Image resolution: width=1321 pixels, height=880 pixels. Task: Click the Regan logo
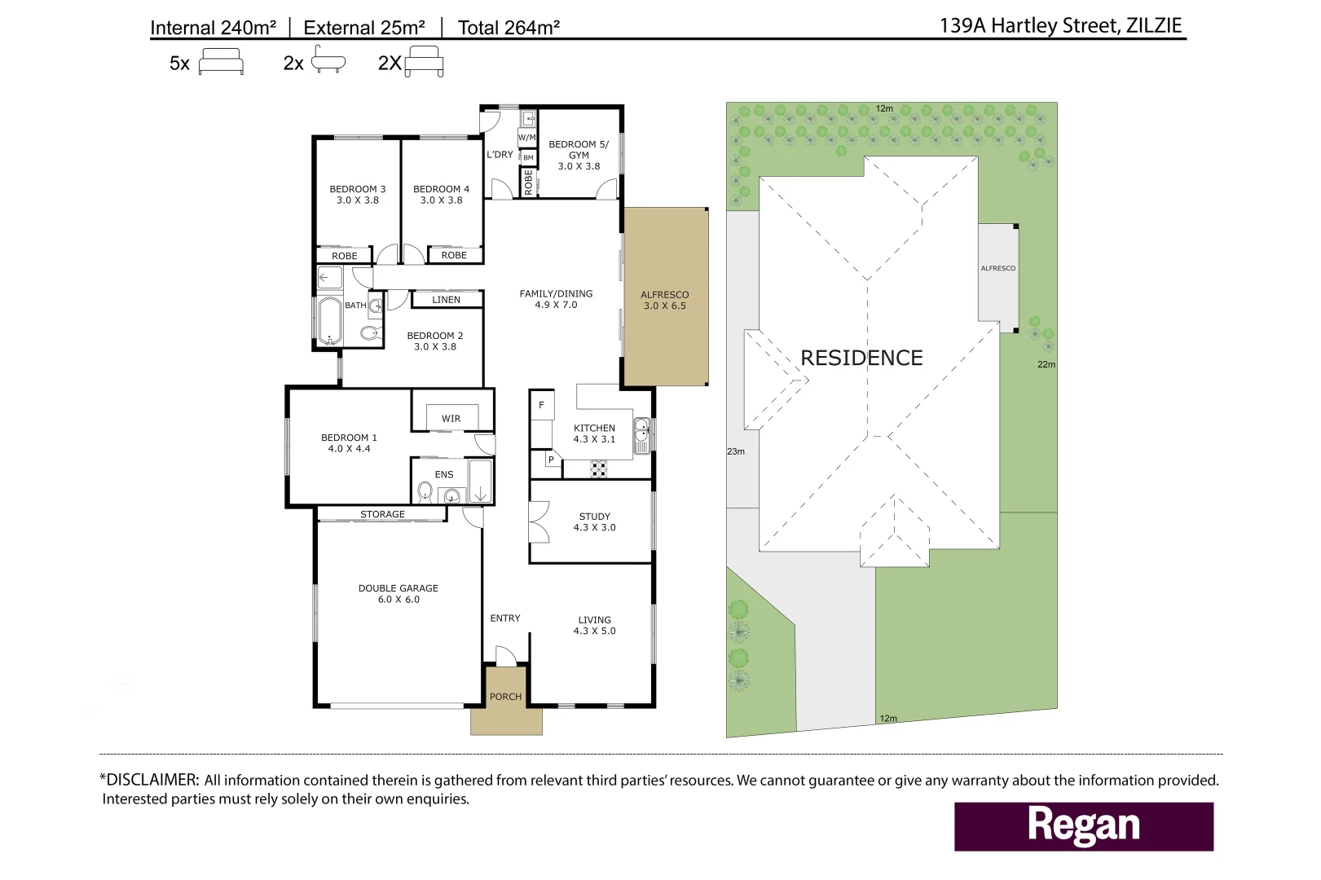click(1084, 825)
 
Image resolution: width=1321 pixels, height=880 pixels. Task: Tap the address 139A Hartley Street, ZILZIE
click(1060, 26)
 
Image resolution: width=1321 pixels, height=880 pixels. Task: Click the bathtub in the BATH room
click(330, 322)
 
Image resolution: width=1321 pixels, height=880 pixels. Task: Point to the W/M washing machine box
click(526, 138)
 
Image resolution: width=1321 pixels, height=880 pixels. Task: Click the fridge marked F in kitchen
click(541, 405)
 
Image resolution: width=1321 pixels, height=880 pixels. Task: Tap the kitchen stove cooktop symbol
click(599, 469)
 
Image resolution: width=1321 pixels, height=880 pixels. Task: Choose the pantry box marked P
click(552, 460)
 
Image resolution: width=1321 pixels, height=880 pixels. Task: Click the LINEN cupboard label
click(446, 300)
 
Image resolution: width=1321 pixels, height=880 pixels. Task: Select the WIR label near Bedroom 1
click(451, 419)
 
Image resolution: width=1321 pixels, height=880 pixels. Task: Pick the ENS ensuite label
click(444, 474)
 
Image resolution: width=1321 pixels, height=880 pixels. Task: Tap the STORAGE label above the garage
click(383, 514)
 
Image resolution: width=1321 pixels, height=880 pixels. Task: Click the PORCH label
click(505, 697)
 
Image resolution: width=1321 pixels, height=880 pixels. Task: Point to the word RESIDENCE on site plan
click(861, 358)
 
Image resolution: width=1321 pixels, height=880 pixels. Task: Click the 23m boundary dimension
click(736, 451)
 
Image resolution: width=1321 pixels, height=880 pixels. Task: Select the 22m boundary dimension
click(1046, 364)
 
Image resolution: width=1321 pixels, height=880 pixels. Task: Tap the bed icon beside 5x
click(221, 61)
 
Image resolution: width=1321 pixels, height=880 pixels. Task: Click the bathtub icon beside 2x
click(328, 59)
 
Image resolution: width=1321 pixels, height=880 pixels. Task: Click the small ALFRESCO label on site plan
click(998, 268)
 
